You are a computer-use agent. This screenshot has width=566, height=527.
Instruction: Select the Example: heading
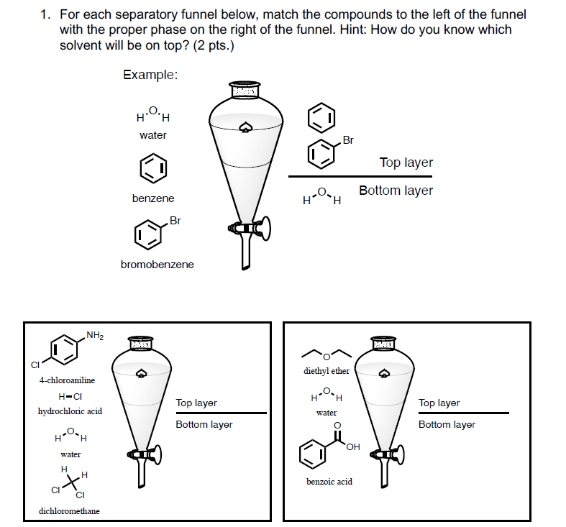150,75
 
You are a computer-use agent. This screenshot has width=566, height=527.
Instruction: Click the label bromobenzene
157,265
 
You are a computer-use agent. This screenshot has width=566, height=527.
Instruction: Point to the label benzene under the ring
152,198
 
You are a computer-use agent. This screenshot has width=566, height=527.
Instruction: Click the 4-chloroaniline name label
67,380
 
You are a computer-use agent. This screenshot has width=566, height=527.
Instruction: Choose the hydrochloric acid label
70,411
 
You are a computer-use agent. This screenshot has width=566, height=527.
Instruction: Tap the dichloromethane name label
69,511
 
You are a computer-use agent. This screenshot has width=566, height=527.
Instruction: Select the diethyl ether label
327,371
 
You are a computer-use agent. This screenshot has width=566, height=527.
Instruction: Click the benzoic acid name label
329,481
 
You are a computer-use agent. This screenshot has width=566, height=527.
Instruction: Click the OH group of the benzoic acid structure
352,449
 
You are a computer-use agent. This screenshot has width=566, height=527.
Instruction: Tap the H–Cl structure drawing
70,396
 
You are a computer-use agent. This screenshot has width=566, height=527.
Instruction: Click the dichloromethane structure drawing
73,482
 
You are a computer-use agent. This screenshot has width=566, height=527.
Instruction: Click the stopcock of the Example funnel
249,229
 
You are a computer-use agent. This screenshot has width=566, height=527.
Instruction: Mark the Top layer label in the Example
406,162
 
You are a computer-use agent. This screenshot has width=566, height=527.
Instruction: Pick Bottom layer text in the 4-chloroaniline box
204,424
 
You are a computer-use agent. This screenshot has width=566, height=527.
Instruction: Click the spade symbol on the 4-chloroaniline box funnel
142,372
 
